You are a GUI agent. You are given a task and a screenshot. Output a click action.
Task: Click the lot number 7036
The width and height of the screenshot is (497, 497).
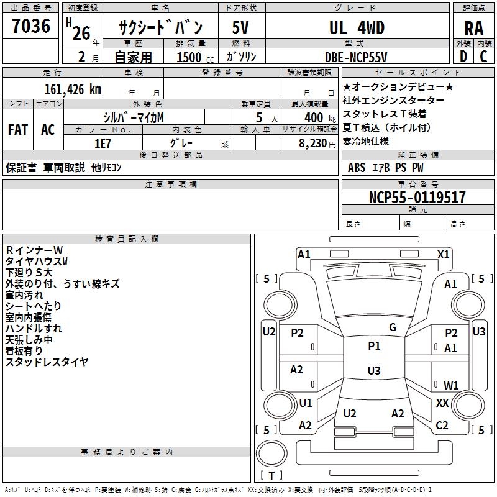click(x=31, y=27)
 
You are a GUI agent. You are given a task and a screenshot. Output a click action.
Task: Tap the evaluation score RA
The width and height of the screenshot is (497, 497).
click(x=473, y=29)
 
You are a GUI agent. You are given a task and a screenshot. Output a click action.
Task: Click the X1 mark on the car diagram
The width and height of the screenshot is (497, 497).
click(x=444, y=254)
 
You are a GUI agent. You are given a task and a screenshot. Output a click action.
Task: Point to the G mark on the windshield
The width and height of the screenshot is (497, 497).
click(x=392, y=327)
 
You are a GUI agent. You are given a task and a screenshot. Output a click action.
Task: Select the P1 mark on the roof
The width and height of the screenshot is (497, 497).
click(x=374, y=346)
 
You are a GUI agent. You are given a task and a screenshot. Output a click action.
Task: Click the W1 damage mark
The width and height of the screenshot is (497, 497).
click(x=451, y=385)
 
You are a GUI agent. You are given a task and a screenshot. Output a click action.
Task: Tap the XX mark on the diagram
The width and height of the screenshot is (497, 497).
click(x=442, y=403)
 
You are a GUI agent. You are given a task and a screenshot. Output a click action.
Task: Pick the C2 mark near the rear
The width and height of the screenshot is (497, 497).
click(x=442, y=426)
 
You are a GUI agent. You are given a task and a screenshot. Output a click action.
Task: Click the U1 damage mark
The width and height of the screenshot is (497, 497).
click(x=306, y=403)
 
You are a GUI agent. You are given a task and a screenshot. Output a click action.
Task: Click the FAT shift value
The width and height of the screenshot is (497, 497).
click(x=17, y=130)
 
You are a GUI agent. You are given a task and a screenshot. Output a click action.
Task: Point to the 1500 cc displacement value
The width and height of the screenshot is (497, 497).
click(x=189, y=57)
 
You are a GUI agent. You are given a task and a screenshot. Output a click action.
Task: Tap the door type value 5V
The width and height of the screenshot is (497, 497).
click(x=240, y=27)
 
